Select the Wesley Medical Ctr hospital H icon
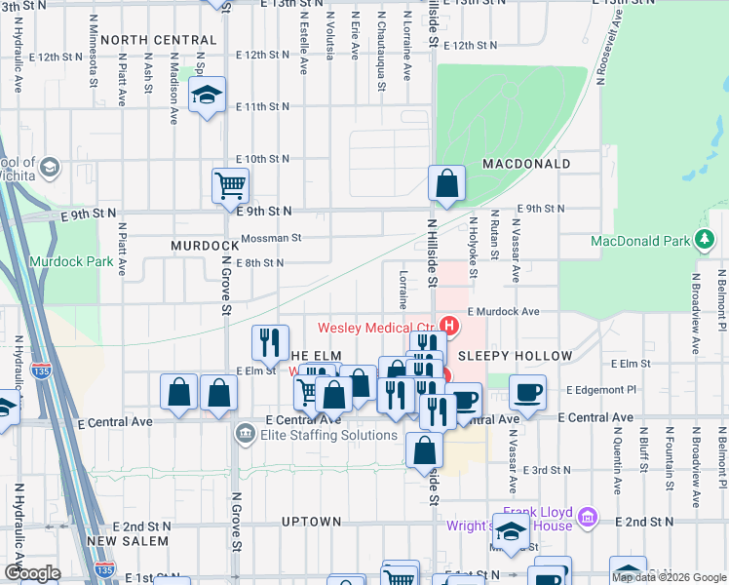[449, 325]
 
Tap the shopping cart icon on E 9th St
[231, 183]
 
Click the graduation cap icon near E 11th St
[207, 95]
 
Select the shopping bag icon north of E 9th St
[446, 182]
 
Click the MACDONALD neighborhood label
[525, 164]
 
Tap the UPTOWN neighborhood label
[312, 522]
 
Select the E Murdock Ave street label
[503, 311]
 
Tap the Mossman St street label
[271, 237]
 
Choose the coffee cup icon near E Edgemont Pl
[527, 392]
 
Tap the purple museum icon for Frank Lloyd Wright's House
[587, 515]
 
